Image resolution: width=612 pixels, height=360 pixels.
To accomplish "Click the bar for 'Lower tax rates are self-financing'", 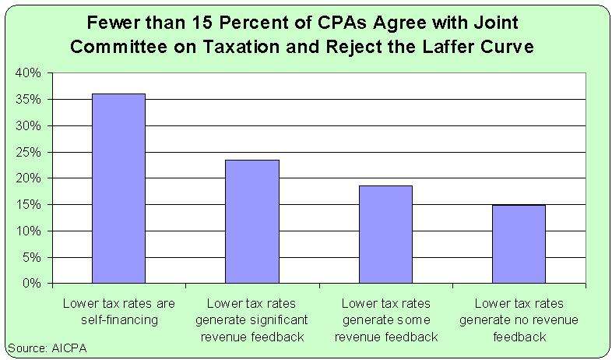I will [118, 188].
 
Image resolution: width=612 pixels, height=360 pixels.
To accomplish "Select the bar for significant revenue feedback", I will [252, 221].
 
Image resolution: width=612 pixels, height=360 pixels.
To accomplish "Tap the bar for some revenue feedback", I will [385, 234].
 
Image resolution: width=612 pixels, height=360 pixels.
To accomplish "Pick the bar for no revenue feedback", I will [519, 244].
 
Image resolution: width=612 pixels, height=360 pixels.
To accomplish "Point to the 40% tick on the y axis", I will [29, 72].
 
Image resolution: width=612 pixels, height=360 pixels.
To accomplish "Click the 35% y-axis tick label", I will [29, 99].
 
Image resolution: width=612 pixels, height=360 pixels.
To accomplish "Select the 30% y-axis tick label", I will [29, 125].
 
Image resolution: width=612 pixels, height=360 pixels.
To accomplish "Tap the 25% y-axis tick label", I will [29, 152].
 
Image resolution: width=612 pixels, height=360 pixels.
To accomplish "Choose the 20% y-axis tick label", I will [29, 178].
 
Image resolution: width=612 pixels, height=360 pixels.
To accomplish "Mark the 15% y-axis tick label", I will [29, 205].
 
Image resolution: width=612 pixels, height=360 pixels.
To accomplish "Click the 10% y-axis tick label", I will [29, 231].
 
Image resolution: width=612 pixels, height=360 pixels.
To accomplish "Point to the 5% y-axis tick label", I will [32, 257].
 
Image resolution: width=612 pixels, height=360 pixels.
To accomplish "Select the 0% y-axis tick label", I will [32, 284].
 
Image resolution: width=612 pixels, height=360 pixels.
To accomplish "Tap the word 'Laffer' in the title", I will [452, 46].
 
